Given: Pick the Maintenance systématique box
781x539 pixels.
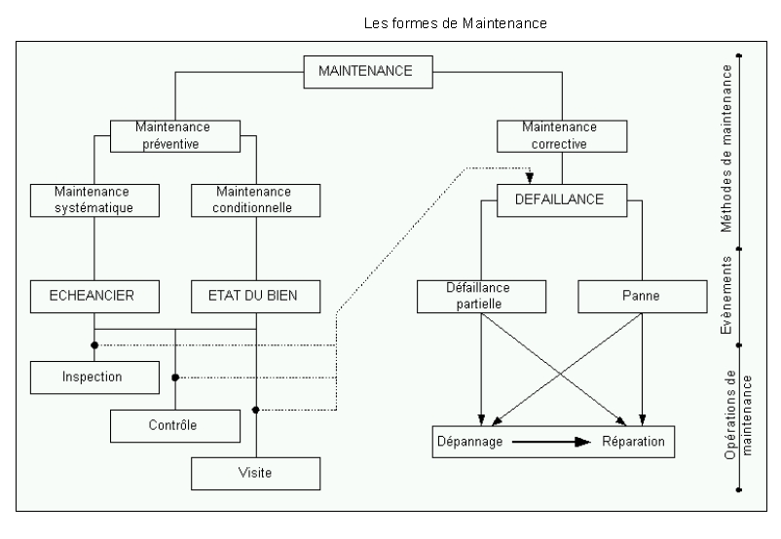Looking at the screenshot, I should [94, 199].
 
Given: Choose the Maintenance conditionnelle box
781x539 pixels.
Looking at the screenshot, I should [255, 199].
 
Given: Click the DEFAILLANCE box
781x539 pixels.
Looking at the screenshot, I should [561, 199].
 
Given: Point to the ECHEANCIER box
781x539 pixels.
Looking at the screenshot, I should [94, 294].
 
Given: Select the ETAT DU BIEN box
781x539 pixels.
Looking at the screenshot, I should [255, 294].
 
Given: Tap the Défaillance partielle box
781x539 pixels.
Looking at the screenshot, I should [481, 294].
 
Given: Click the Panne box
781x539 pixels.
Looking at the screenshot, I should [642, 294].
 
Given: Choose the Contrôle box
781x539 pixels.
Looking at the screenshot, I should [174, 425].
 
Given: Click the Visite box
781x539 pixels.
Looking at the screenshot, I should [255, 473].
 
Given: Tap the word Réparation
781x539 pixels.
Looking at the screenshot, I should [632, 442].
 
